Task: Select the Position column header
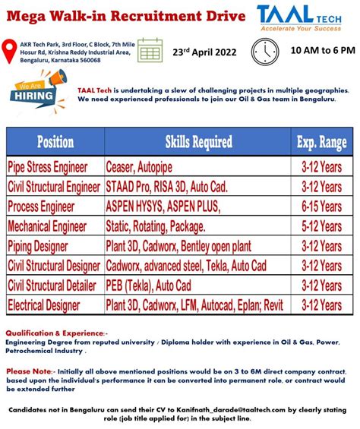[x=55, y=142]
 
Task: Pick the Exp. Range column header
[x=321, y=142]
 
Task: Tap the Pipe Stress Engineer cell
[x=48, y=167]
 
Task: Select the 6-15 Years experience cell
[x=321, y=207]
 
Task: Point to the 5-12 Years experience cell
[x=321, y=226]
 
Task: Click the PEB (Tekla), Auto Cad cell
[x=149, y=285]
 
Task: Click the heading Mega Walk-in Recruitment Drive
[x=125, y=16]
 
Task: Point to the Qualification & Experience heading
[x=56, y=333]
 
